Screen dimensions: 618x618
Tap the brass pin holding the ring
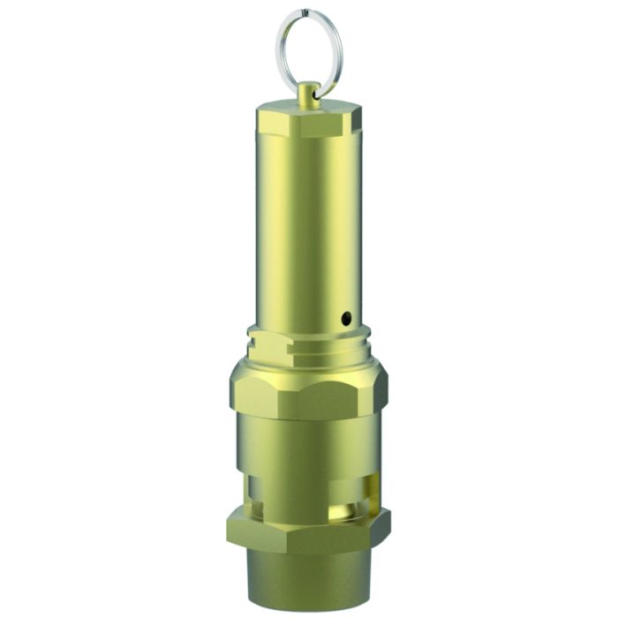308,94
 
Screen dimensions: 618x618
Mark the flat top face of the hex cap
309,105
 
